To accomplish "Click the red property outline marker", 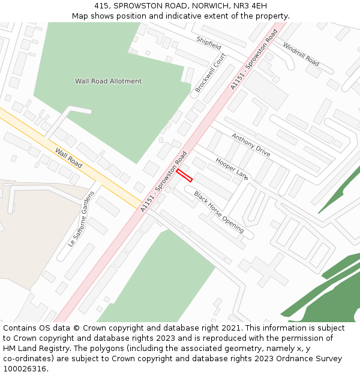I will [x=184, y=175].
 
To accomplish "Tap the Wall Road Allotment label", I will [x=108, y=81].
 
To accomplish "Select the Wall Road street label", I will [x=68, y=158].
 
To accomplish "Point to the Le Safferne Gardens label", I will [x=82, y=219].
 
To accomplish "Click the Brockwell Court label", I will [x=210, y=73].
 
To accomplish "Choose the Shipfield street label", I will [x=209, y=43].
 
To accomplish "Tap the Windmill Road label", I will [x=301, y=53].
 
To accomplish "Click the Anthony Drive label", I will [x=251, y=145].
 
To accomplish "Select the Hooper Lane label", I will [x=232, y=169].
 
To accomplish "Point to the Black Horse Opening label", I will [x=218, y=212].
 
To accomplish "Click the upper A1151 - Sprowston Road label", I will [x=254, y=59].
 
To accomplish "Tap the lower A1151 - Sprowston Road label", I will [x=164, y=181].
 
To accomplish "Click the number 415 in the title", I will [x=102, y=5].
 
